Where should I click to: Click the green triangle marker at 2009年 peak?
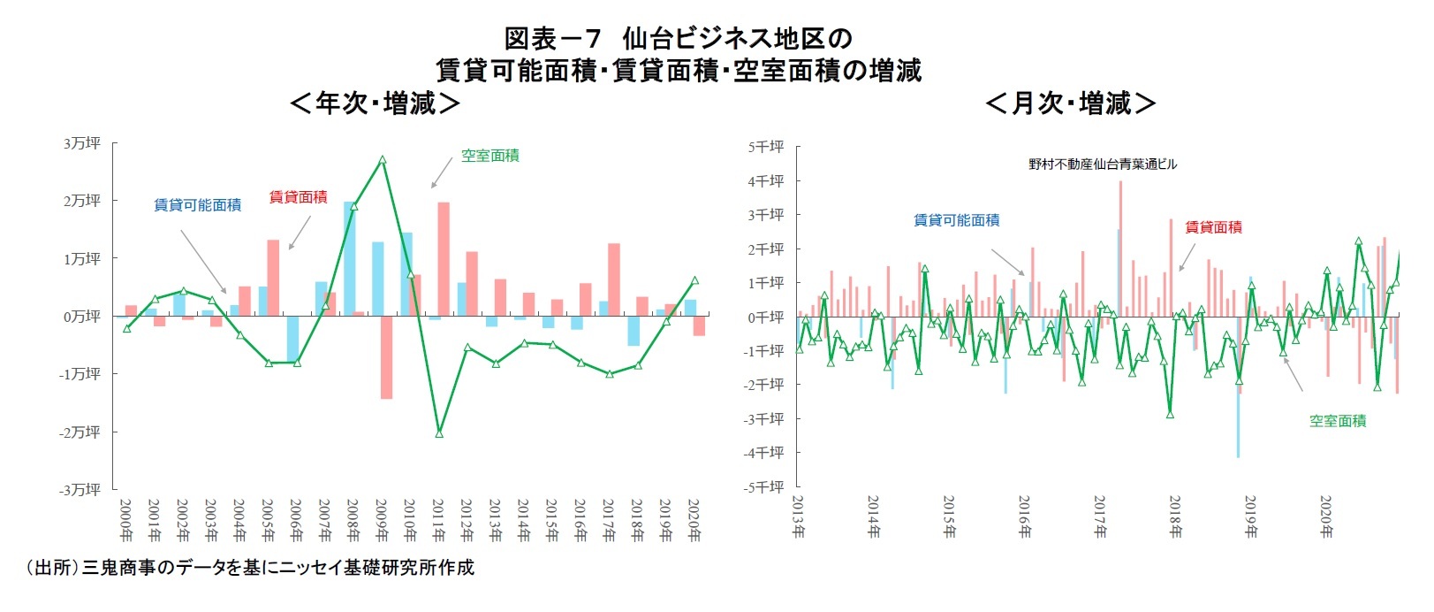[x=382, y=160]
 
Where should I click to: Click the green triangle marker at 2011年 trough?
[x=439, y=433]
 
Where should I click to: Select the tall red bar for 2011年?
[x=444, y=258]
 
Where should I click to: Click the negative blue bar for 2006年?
[x=292, y=338]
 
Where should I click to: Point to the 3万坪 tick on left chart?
[x=81, y=143]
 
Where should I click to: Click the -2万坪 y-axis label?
[x=80, y=432]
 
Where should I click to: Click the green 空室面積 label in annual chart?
[x=490, y=156]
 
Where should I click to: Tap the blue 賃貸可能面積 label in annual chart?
[x=197, y=204]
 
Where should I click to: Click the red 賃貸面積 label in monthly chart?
[x=1213, y=227]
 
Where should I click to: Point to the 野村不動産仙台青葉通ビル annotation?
[x=1103, y=164]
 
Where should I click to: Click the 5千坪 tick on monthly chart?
[x=765, y=147]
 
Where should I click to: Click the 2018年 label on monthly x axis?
[x=1175, y=517]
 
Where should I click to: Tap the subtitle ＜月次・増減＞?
[x=1071, y=103]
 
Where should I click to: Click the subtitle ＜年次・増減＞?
[x=375, y=103]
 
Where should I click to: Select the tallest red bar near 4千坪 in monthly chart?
[x=1120, y=249]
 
